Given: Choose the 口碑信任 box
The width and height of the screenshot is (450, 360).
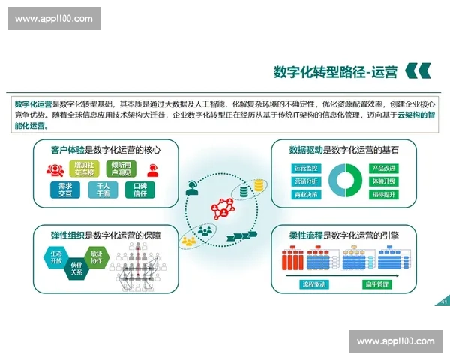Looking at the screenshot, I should point(139,189).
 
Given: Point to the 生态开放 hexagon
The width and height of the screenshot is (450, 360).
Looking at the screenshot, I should point(56,258).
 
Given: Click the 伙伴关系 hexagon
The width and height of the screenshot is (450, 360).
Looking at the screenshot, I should point(76,268).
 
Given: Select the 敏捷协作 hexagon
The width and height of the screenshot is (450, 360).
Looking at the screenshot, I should point(97,257).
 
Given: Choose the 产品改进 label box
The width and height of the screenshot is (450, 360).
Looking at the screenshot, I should point(384,168).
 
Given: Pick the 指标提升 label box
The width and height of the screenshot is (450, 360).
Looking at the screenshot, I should point(384,195).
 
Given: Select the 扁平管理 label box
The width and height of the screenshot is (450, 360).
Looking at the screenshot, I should point(373,284).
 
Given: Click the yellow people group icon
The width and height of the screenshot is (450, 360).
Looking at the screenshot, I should point(187,240).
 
